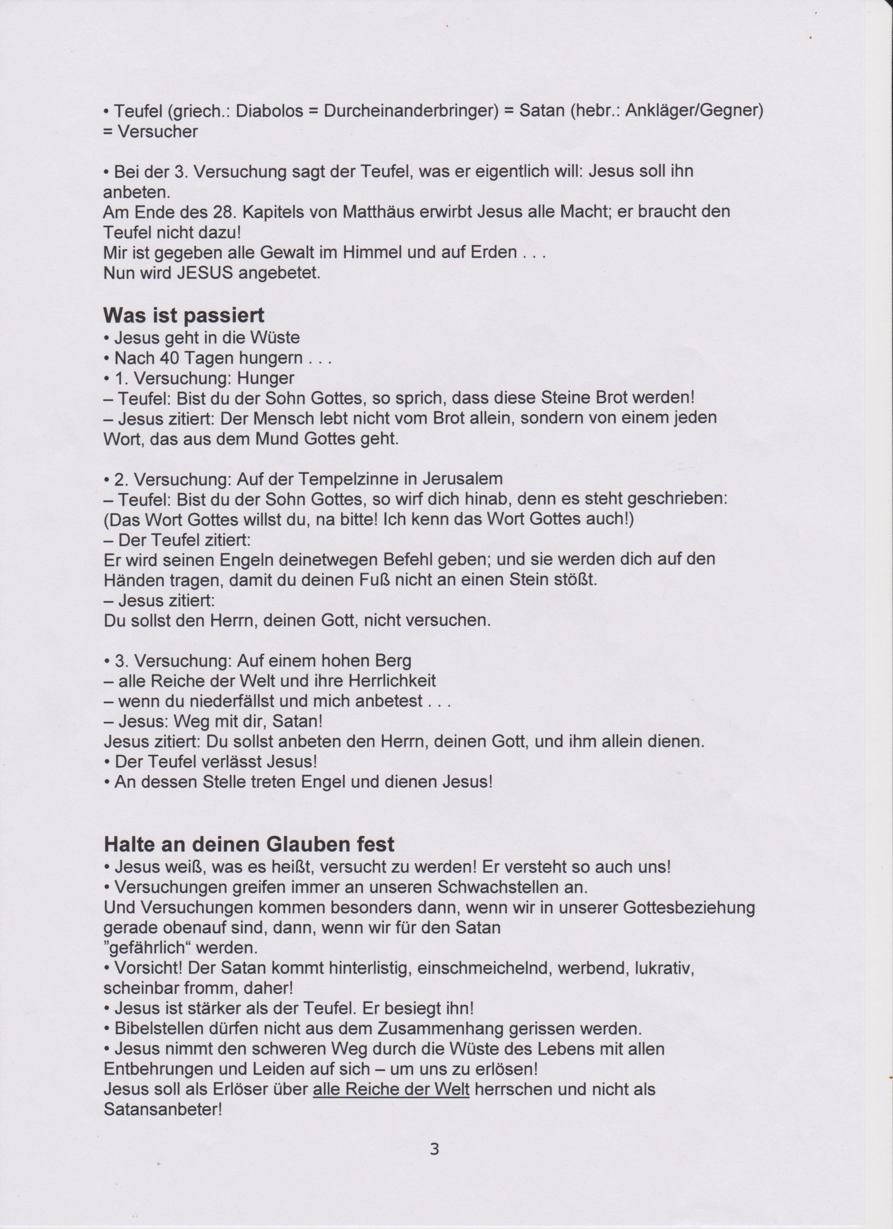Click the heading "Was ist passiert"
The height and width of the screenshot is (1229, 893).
(184, 315)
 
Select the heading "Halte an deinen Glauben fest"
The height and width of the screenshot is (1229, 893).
(249, 843)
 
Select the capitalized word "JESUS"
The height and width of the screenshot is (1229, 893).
(205, 273)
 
